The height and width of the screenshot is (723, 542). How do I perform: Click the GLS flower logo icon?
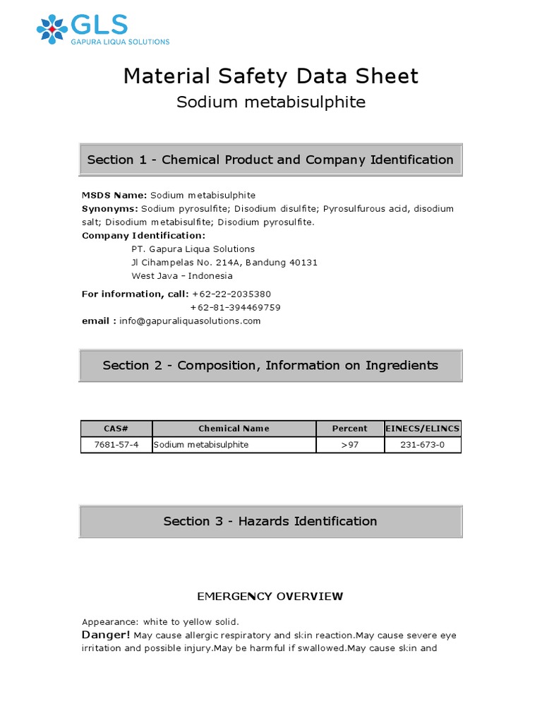click(52, 28)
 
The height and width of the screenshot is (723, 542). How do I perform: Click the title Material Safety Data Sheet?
click(270, 76)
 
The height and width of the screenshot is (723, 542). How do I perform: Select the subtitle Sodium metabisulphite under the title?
click(270, 102)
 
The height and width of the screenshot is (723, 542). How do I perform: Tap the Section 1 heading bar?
click(270, 160)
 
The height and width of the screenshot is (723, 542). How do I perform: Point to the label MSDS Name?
click(114, 195)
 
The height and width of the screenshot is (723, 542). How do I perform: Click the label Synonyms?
click(110, 209)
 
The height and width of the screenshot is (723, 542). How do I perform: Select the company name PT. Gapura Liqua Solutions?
click(193, 249)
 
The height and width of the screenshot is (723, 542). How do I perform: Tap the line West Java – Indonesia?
click(182, 276)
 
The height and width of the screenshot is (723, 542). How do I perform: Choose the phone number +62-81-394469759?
click(235, 307)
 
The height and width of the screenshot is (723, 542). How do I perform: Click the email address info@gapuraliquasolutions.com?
click(190, 321)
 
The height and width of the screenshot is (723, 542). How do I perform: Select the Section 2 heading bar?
click(270, 365)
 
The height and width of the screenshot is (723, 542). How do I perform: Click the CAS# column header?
click(116, 429)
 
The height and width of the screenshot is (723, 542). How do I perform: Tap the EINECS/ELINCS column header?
click(423, 429)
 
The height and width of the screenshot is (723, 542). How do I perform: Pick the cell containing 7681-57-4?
click(116, 445)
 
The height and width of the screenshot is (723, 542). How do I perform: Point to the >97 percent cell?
click(349, 445)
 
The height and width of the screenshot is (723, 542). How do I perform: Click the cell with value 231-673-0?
click(423, 445)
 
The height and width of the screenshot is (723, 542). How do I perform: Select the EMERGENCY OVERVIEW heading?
click(270, 597)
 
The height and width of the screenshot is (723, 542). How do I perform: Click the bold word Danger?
click(106, 635)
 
